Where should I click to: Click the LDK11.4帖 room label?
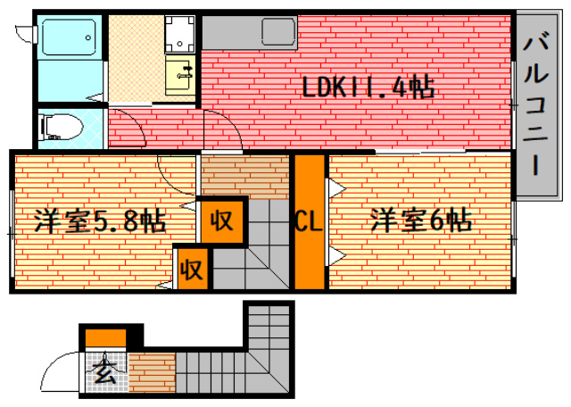[x=367, y=87]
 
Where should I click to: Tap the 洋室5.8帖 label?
[x=100, y=220]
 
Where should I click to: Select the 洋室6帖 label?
[x=421, y=219]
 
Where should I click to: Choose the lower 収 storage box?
[x=191, y=267]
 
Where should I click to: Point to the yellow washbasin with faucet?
[x=181, y=74]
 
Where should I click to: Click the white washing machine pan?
[x=181, y=34]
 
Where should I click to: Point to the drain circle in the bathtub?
[x=88, y=37]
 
